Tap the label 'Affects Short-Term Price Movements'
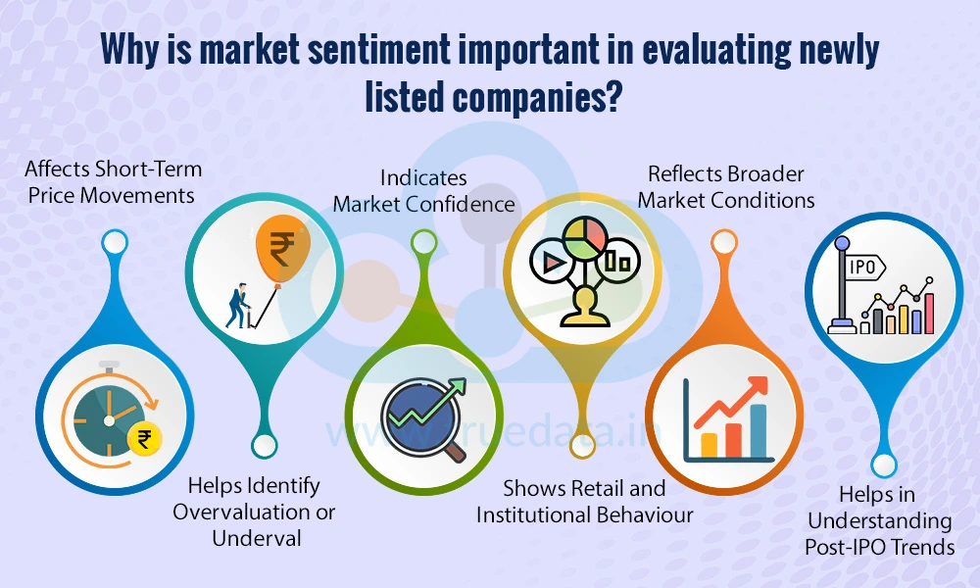111,183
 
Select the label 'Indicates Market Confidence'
423,191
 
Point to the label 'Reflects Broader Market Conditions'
731,186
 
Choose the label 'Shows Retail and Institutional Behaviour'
584,501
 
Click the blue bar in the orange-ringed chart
759,431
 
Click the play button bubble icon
548,262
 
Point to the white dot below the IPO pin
884,465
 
